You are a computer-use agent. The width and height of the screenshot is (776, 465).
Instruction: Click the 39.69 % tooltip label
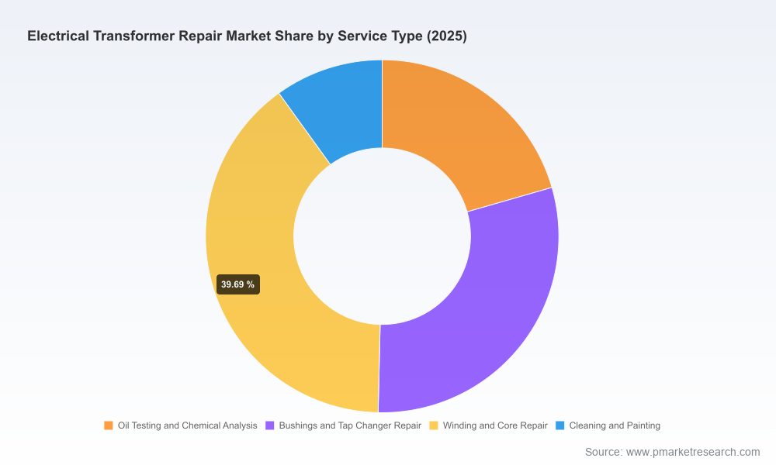(x=238, y=284)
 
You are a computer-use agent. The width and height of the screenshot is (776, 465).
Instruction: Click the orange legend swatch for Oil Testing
(x=109, y=425)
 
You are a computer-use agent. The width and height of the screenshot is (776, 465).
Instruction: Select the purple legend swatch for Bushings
(x=270, y=425)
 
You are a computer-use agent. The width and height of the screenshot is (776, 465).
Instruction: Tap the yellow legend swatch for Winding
(x=434, y=425)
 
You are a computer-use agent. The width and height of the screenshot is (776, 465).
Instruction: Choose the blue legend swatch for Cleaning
(x=559, y=425)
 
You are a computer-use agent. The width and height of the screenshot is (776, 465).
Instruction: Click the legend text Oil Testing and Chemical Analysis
(x=188, y=425)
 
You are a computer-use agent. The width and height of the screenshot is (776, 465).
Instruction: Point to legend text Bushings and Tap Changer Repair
(x=350, y=425)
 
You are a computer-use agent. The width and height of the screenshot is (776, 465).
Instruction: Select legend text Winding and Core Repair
(x=495, y=425)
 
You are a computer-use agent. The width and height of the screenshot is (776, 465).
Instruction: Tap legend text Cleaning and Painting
(x=615, y=425)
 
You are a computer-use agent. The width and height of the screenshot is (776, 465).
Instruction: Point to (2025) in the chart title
(x=446, y=36)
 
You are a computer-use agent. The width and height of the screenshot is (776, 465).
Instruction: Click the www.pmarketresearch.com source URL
(x=693, y=452)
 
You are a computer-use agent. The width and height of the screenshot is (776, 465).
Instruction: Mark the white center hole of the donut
(x=382, y=236)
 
